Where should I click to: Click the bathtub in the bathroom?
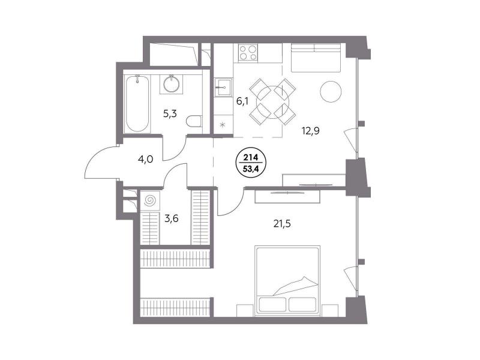137,103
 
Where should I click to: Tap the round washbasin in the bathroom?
172,84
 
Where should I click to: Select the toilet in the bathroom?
193,121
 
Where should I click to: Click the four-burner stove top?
248,52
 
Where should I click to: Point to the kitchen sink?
223,87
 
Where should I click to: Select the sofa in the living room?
316,58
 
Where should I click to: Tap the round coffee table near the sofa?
331,91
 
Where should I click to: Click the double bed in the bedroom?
287,279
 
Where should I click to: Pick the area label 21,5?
282,224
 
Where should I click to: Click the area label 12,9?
311,131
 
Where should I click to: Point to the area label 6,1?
242,101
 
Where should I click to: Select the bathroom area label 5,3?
170,114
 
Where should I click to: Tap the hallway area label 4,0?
146,159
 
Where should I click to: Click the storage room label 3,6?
172,218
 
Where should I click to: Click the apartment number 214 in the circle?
251,158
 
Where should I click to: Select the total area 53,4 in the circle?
251,169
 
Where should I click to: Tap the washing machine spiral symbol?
150,201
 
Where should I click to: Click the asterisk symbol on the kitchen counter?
223,125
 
